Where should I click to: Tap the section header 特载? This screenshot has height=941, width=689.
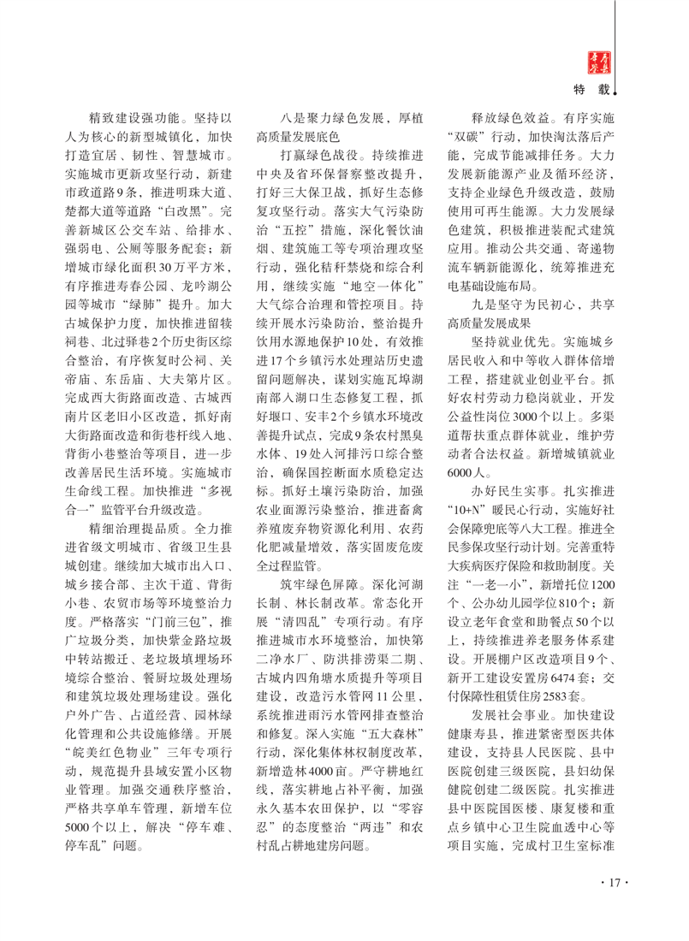point(593,87)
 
